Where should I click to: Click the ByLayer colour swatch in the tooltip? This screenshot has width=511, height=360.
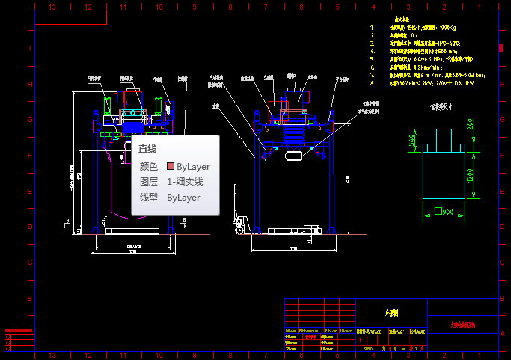171,166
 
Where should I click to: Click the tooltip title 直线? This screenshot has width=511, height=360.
147,149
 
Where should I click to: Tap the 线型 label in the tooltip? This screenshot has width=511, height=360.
149,198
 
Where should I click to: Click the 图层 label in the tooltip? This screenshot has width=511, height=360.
149,182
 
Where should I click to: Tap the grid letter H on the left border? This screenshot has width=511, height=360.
31,85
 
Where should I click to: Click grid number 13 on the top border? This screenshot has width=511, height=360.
52,7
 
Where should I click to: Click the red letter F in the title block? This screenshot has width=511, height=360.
363,339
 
